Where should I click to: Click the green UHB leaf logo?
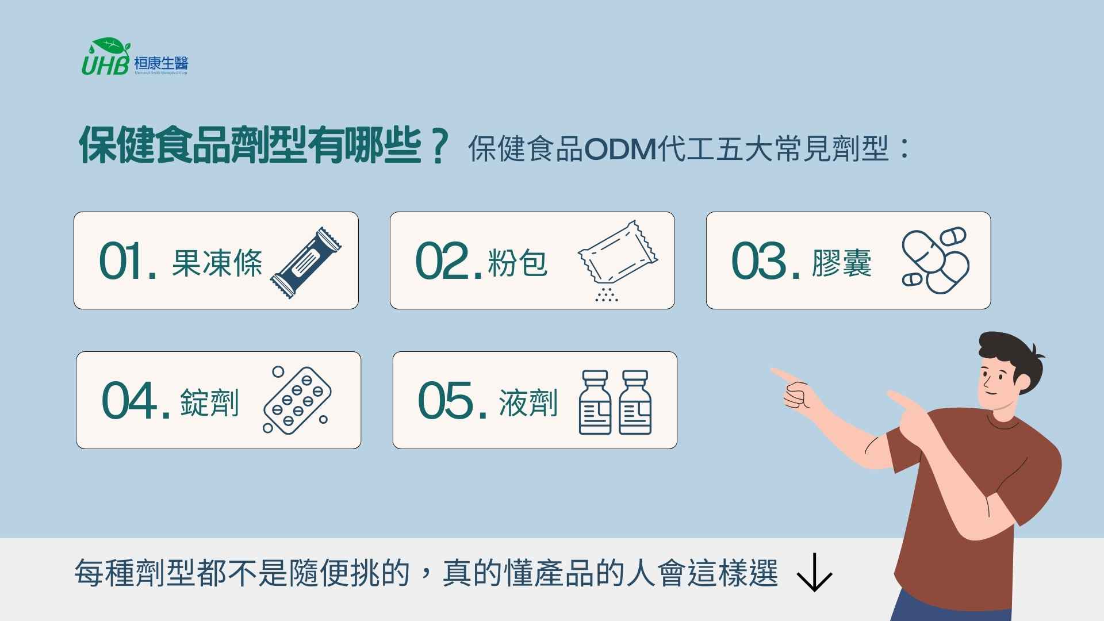click(106, 57)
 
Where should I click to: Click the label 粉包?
click(517, 263)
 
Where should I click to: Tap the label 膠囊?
click(841, 263)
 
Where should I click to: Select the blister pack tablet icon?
click(297, 400)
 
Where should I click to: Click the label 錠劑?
click(209, 402)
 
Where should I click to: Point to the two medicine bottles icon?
click(615, 402)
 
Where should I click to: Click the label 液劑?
click(528, 402)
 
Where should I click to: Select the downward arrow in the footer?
click(814, 573)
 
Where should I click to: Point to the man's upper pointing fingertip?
click(774, 371)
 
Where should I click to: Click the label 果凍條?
click(217, 263)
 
